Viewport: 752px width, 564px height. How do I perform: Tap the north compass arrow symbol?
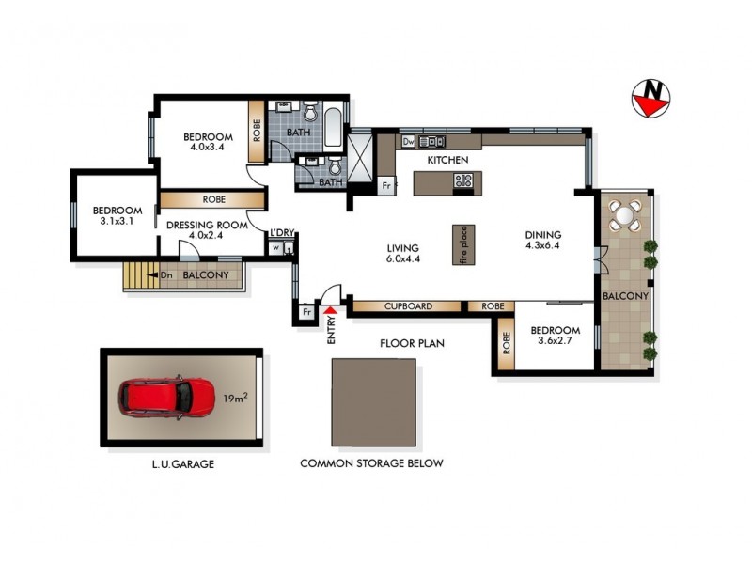(650, 98)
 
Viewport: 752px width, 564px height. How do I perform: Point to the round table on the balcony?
(625, 216)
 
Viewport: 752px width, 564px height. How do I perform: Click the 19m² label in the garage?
(234, 399)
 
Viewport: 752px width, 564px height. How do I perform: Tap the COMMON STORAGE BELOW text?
(371, 463)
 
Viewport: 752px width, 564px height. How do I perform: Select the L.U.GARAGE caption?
(179, 463)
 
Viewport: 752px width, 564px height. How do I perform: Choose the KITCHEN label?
(447, 161)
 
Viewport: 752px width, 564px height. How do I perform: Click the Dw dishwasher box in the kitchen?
(408, 141)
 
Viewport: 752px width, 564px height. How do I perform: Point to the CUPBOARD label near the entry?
(407, 306)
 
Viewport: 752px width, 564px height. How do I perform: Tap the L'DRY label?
(281, 233)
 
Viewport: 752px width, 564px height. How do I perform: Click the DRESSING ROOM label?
(207, 226)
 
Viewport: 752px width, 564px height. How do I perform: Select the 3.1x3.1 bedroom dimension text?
(117, 222)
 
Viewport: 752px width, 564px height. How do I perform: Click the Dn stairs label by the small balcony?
(165, 275)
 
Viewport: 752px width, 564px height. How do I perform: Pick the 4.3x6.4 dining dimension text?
(543, 247)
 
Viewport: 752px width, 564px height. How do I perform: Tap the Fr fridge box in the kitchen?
(386, 186)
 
